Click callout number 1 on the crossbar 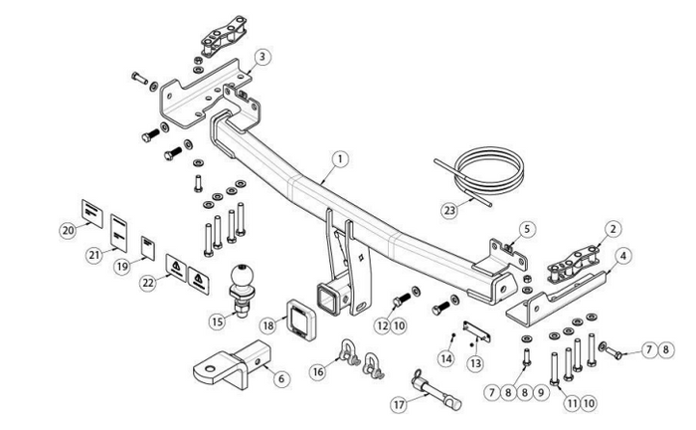point(340,158)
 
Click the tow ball point(242,276)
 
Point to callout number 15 point(218,321)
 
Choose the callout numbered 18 point(267,324)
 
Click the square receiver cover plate point(301,316)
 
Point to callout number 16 point(318,370)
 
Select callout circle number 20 point(68,230)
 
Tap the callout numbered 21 point(93,255)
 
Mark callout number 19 point(123,265)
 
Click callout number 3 point(261,57)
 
